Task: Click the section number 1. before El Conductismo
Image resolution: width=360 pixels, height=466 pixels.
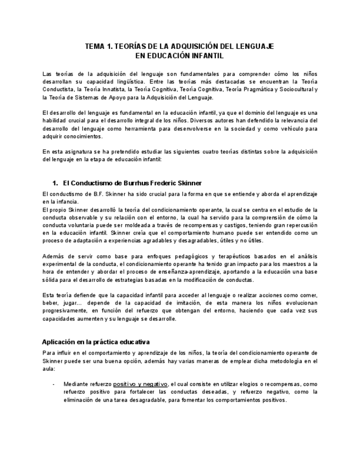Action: coord(55,182)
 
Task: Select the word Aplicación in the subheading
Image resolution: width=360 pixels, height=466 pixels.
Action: coord(60,342)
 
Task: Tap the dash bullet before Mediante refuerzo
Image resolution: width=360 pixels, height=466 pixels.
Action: coord(53,384)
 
